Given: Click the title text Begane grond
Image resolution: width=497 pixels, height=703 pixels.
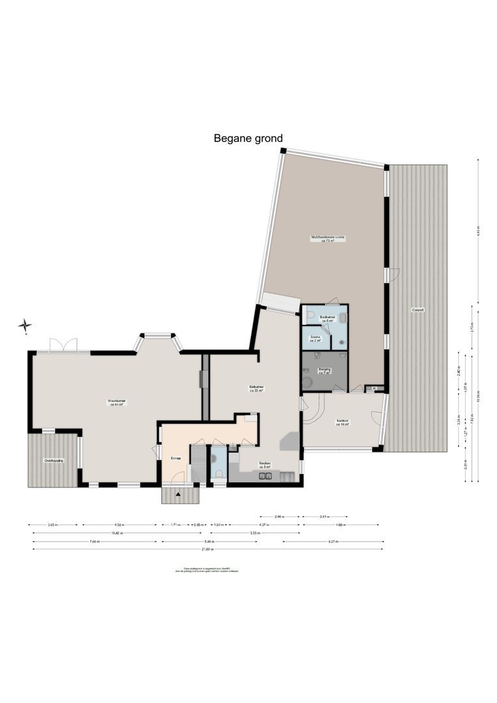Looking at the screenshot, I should (x=248, y=138).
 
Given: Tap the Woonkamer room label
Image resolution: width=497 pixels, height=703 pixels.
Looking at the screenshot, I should (x=116, y=402).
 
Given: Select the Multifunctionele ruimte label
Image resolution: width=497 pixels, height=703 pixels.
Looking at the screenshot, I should (x=328, y=239).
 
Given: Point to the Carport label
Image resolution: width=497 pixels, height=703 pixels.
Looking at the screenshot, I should (x=418, y=310).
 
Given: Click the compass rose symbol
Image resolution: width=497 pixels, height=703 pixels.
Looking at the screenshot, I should (x=25, y=325).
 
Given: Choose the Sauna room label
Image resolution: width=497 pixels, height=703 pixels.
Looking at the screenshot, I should (x=315, y=338).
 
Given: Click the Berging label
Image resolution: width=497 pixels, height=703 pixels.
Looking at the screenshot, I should (x=323, y=371).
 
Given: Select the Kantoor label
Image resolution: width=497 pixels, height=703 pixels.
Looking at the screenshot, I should (x=343, y=422).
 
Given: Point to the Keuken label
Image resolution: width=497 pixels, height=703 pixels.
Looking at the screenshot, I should (x=265, y=465).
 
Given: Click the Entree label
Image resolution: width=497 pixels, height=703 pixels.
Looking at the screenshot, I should (x=176, y=458).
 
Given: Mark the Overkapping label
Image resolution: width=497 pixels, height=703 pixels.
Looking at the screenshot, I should (x=53, y=460).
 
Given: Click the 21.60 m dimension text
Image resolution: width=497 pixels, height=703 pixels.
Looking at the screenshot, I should (x=208, y=549).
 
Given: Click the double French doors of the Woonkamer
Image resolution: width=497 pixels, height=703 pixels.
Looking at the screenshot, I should (x=64, y=346).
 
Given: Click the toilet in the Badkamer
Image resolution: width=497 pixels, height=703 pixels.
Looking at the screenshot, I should (x=311, y=316).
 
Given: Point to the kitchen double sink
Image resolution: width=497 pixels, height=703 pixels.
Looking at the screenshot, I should (x=265, y=476).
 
